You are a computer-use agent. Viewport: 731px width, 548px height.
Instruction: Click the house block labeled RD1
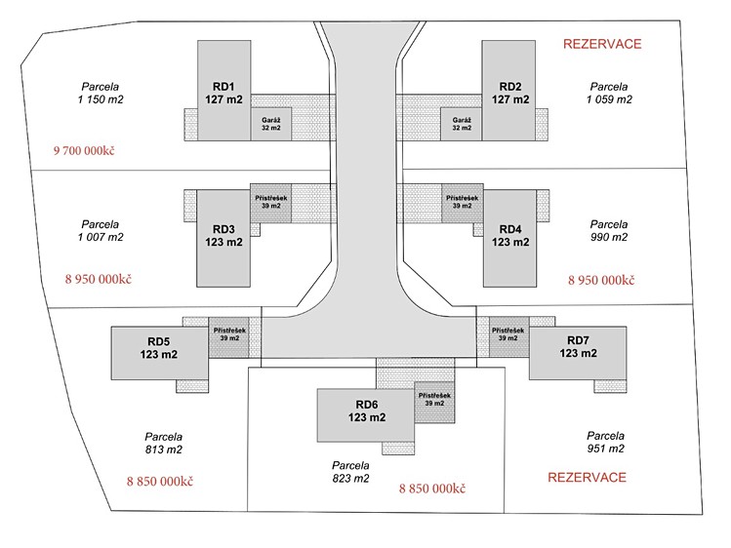pos(224,91)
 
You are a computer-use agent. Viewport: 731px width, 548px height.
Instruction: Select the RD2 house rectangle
pos(508,91)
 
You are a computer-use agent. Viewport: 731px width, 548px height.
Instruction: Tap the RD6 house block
pos(365,415)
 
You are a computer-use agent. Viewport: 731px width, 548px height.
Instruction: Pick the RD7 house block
pos(578,353)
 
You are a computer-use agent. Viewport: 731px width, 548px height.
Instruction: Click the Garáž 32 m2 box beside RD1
pos(271,124)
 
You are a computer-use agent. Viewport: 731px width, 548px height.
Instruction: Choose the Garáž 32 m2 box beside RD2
pos(462,124)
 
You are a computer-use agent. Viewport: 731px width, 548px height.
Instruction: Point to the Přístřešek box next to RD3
pos(271,203)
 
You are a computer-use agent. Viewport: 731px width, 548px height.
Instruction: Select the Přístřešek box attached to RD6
pos(434,402)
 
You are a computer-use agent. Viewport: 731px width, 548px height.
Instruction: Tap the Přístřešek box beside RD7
pos(508,336)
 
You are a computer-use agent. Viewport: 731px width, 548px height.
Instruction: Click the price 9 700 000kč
pos(84,150)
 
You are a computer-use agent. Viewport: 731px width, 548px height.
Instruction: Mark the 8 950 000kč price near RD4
pos(601,280)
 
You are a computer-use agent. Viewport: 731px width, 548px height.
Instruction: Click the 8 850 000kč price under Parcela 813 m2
pos(160,481)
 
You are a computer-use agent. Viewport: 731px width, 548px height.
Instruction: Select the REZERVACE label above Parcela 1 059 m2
pos(602,44)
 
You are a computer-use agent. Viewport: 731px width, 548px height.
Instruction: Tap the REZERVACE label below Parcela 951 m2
pos(587,477)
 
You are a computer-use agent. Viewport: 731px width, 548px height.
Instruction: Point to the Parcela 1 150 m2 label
pos(101,93)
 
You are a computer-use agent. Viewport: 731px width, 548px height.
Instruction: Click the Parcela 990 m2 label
pos(609,230)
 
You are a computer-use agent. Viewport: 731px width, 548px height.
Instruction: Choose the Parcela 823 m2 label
pos(350,472)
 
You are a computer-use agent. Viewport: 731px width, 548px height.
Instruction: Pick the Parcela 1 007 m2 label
pos(101,230)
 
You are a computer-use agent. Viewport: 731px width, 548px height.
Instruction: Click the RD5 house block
pos(159,353)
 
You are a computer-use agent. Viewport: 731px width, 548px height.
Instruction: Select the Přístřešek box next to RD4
pos(462,203)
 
